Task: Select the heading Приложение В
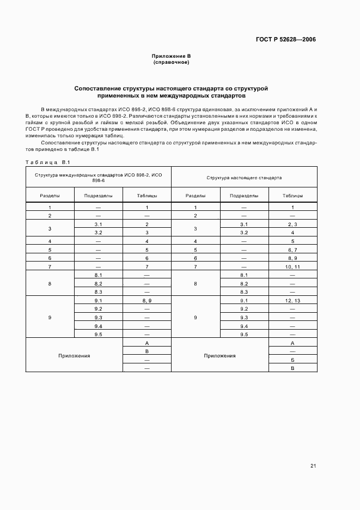(x=171, y=57)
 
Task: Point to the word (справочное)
(x=171, y=63)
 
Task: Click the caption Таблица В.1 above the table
(x=48, y=162)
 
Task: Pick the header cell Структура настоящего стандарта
(x=244, y=178)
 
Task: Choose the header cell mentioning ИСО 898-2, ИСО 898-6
(x=99, y=177)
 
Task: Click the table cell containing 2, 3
(x=292, y=224)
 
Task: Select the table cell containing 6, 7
(x=292, y=250)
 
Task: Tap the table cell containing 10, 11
(x=292, y=266)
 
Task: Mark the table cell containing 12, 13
(x=292, y=301)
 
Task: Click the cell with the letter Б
(x=292, y=360)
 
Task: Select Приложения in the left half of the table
(x=74, y=355)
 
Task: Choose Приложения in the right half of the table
(x=219, y=355)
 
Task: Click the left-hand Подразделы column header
(x=99, y=195)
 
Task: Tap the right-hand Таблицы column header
(x=292, y=195)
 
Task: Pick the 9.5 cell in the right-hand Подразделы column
(x=243, y=335)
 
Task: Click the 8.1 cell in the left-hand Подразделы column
(x=99, y=275)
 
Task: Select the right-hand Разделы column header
(x=196, y=195)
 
